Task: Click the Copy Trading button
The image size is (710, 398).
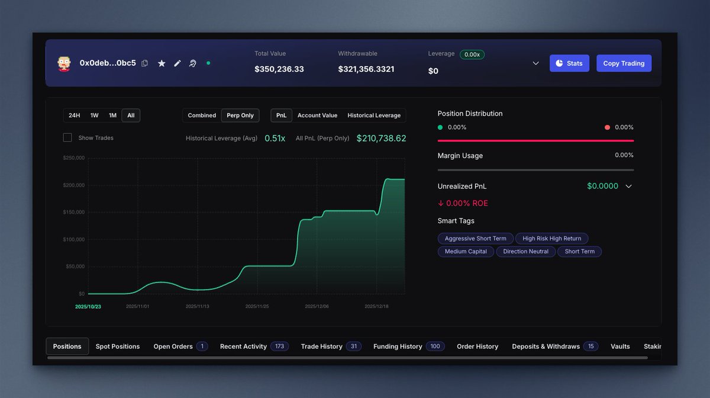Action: click(x=624, y=63)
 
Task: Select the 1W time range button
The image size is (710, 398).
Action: click(x=94, y=115)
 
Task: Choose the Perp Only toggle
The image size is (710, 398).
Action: click(x=240, y=115)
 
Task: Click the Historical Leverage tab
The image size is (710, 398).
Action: click(x=374, y=115)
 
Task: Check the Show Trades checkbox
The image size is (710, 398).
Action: click(x=67, y=137)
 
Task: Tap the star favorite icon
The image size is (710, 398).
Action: click(x=162, y=63)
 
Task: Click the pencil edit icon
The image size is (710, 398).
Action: click(x=177, y=63)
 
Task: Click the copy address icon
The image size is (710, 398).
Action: click(x=145, y=63)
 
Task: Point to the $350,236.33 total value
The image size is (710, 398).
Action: click(x=279, y=69)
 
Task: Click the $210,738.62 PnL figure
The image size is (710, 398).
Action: click(x=381, y=138)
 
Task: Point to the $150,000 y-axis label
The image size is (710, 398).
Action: click(x=73, y=212)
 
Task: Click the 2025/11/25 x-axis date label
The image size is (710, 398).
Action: click(x=257, y=307)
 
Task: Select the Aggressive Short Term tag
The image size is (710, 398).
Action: click(x=475, y=238)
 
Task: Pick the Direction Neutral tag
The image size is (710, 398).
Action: click(x=525, y=251)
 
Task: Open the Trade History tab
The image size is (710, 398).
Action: click(x=321, y=346)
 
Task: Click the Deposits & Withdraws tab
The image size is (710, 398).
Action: click(x=546, y=346)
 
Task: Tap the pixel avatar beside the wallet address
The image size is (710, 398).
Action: click(x=64, y=63)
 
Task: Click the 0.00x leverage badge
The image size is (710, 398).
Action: click(x=472, y=54)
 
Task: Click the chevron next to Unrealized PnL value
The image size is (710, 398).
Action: click(x=628, y=186)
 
